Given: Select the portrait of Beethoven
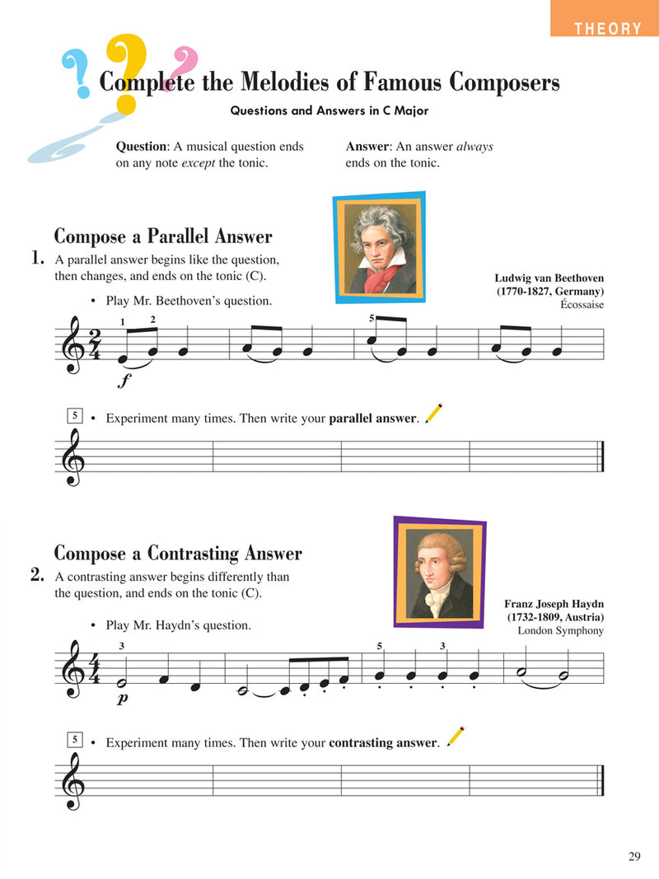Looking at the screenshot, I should click(380, 248).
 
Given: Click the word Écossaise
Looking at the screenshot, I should click(582, 305).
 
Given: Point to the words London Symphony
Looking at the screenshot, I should click(560, 631).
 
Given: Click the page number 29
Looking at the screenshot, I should click(633, 857).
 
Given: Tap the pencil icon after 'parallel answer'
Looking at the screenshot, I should click(433, 413).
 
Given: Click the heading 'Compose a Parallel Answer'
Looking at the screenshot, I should click(162, 237).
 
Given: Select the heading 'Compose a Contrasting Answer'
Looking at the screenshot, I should click(178, 554).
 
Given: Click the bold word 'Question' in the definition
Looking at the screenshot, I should click(142, 147).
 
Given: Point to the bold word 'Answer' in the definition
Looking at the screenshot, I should click(367, 147).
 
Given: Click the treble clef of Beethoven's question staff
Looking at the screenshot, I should click(73, 345).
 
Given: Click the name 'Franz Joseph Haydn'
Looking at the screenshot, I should click(554, 604).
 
